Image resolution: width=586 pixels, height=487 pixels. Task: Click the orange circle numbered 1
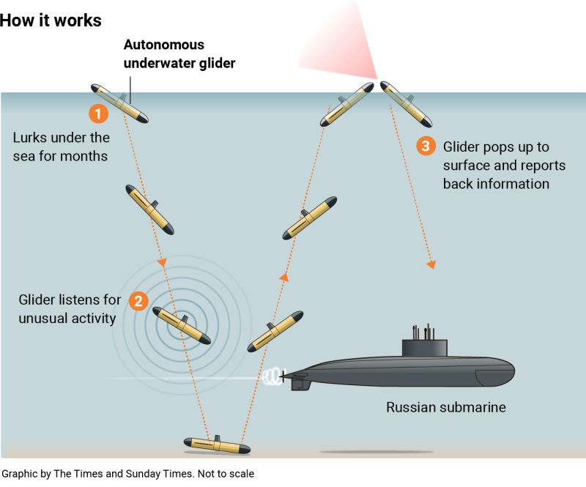click(99, 114)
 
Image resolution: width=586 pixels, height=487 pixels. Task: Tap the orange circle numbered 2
click(138, 301)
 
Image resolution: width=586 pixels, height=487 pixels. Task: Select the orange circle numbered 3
click(426, 146)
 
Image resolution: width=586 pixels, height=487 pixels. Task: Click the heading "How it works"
click(51, 20)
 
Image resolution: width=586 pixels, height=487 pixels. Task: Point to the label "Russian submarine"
click(446, 407)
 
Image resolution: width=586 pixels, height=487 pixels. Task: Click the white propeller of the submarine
click(273, 376)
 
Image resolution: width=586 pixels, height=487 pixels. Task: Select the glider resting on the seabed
click(217, 445)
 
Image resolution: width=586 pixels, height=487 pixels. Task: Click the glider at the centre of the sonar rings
click(182, 325)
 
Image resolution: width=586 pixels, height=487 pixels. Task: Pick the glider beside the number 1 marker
click(119, 103)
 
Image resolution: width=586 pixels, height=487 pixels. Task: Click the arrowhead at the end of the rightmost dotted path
click(432, 264)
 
